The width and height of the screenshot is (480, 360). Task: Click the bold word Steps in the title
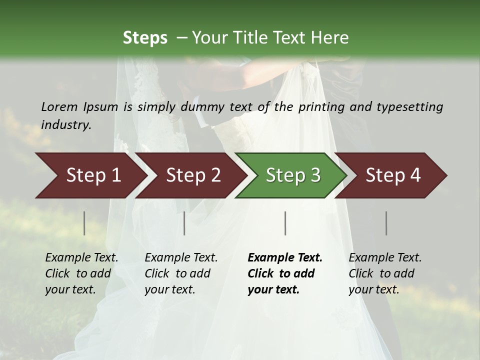point(145,38)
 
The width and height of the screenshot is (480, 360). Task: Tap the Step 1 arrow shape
point(90,175)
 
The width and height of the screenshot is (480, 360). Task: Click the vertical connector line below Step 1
point(84,223)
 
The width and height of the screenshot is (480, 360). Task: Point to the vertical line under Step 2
point(184,223)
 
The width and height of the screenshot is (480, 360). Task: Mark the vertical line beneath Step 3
point(285,223)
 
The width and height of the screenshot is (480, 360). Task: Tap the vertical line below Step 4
point(386,223)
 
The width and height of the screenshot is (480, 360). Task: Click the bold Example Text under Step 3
point(284,273)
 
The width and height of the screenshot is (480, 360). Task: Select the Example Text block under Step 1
point(81,273)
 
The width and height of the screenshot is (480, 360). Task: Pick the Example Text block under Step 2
point(181,273)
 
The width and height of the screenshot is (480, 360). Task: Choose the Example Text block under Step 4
point(385,273)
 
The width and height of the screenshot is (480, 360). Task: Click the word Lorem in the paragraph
point(59,106)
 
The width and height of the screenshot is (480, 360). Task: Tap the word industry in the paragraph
point(65,124)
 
